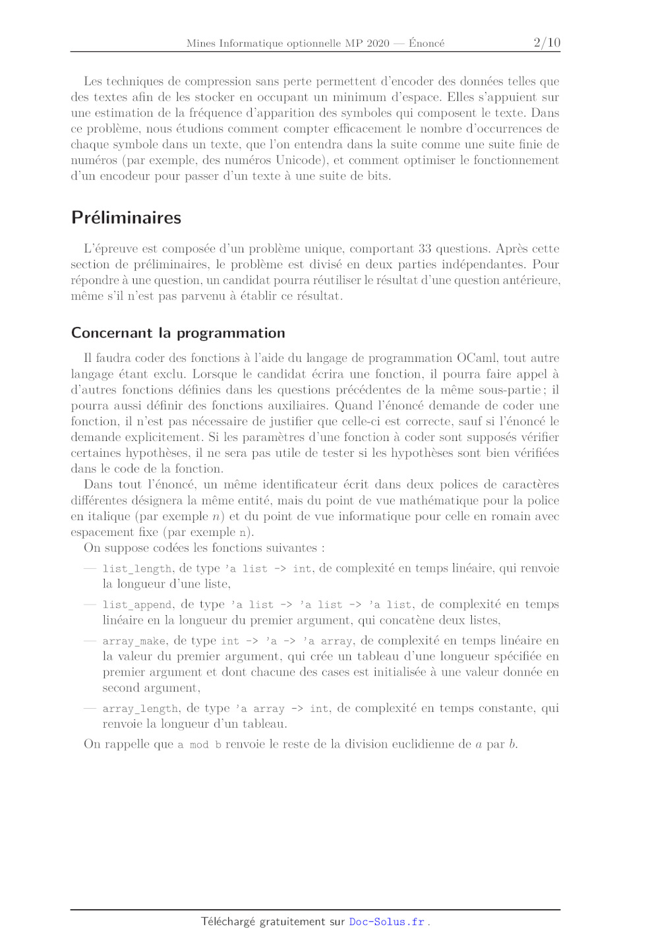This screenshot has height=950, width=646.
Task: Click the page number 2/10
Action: coord(546,43)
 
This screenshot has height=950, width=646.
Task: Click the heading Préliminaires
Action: coord(126,218)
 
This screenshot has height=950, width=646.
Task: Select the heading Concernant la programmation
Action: coord(178,333)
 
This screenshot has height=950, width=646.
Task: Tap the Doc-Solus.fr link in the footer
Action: coord(387,922)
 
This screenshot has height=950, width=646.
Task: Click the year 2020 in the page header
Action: coord(378,44)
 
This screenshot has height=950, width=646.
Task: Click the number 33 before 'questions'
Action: coord(425,249)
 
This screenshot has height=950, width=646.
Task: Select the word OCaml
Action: coord(477,358)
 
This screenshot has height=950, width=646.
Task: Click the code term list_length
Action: coord(137,568)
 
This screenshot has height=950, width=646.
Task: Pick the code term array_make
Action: coord(134,641)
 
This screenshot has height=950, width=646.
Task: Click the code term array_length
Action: coord(140,709)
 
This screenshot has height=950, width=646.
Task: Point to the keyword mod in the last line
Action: coord(199,745)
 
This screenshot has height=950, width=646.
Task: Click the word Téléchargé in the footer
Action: coord(227,922)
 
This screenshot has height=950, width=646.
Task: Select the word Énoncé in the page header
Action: coord(426,44)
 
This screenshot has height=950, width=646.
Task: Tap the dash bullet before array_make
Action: coord(90,640)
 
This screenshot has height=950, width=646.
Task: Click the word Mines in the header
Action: coord(200,44)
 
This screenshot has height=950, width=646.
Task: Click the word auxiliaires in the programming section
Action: coord(297,405)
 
